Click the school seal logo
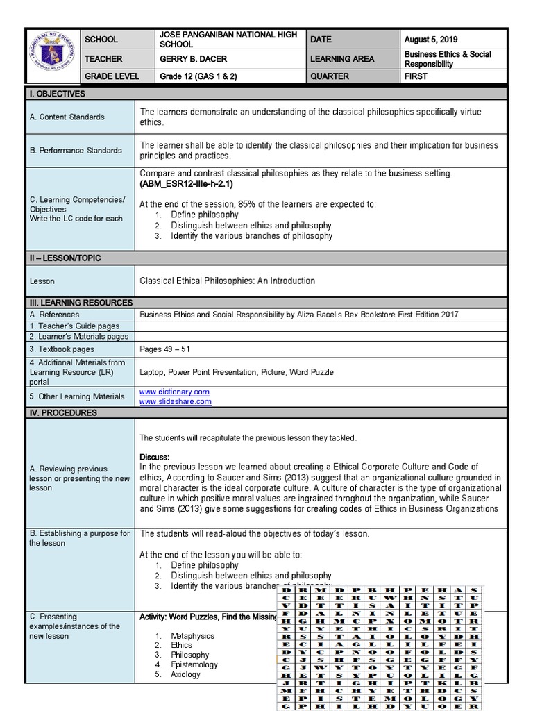(52, 58)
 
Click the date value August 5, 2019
(431, 40)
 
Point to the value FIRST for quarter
(416, 76)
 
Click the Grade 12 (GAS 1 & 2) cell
(198, 76)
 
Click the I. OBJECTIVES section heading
(57, 94)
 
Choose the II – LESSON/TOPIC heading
(65, 258)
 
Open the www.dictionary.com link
(174, 392)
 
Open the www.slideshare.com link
(175, 402)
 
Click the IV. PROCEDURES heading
(63, 412)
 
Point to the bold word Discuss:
(154, 457)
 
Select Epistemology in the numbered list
(194, 664)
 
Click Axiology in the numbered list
(185, 674)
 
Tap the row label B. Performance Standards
(75, 150)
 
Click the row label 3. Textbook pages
(62, 349)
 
